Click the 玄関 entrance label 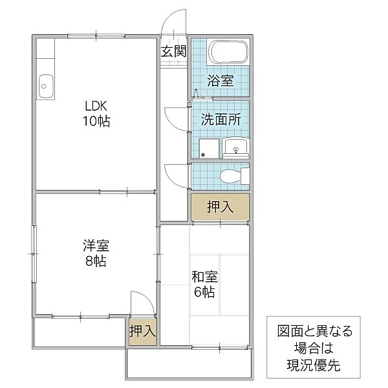tap(173, 51)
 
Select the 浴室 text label tap(220, 80)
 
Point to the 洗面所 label tap(221, 120)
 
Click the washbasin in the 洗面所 tap(235, 148)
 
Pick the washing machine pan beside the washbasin tap(209, 148)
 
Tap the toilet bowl tap(235, 176)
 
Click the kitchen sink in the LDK tap(46, 87)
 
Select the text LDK tap(96, 106)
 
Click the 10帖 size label tap(96, 122)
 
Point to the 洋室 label tap(96, 245)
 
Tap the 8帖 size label tap(96, 261)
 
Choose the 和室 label tap(204, 277)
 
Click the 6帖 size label tap(204, 292)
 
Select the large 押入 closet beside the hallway tap(220, 207)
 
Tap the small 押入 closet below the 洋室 tap(142, 332)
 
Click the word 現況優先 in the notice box tap(314, 365)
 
